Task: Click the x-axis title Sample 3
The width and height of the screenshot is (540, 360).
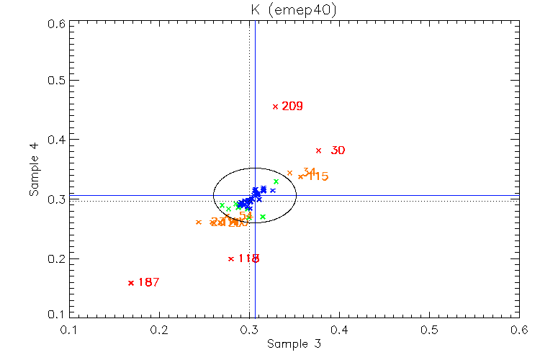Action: [294, 344]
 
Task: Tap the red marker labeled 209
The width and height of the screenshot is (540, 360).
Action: [275, 107]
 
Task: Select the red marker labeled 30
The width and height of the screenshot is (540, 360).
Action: [318, 150]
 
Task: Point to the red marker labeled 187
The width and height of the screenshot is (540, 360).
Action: [130, 283]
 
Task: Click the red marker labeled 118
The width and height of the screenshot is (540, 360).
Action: [230, 258]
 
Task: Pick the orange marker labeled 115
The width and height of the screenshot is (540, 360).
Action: [301, 176]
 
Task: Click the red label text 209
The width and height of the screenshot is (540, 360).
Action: [292, 107]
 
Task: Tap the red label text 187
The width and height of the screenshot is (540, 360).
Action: [148, 283]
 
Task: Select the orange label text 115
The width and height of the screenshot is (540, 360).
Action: [318, 176]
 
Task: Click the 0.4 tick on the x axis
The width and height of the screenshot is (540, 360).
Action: [339, 330]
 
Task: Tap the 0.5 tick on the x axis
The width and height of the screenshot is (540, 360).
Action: [429, 330]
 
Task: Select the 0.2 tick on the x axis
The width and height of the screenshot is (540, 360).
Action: [159, 330]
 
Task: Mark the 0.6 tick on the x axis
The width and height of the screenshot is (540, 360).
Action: [518, 330]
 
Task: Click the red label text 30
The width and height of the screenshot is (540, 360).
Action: [338, 150]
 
